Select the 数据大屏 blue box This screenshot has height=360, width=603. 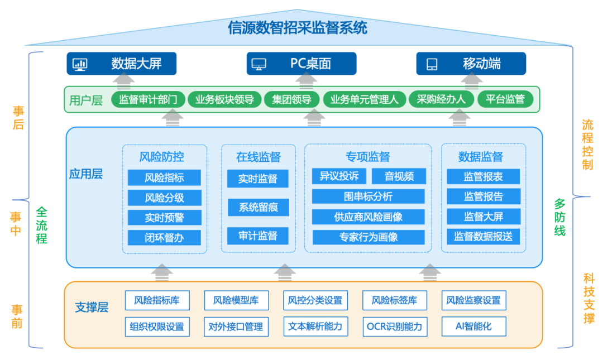click(122, 64)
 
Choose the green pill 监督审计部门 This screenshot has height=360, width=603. click(148, 100)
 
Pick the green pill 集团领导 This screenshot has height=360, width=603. click(291, 100)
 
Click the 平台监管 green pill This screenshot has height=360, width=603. click(505, 100)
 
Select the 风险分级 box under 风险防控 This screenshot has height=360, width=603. click(164, 198)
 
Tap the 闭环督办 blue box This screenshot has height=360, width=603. click(164, 237)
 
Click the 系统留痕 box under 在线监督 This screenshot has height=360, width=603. click(258, 208)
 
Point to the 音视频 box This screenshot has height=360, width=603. click(399, 177)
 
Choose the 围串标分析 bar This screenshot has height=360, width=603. click(368, 196)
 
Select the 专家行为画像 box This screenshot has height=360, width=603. click(368, 237)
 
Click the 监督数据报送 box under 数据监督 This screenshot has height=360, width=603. click(483, 236)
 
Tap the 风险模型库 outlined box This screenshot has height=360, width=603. click(236, 300)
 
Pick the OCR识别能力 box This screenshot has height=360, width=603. click(394, 327)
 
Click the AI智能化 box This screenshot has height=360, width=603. click(474, 327)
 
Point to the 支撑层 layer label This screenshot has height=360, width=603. click(92, 307)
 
